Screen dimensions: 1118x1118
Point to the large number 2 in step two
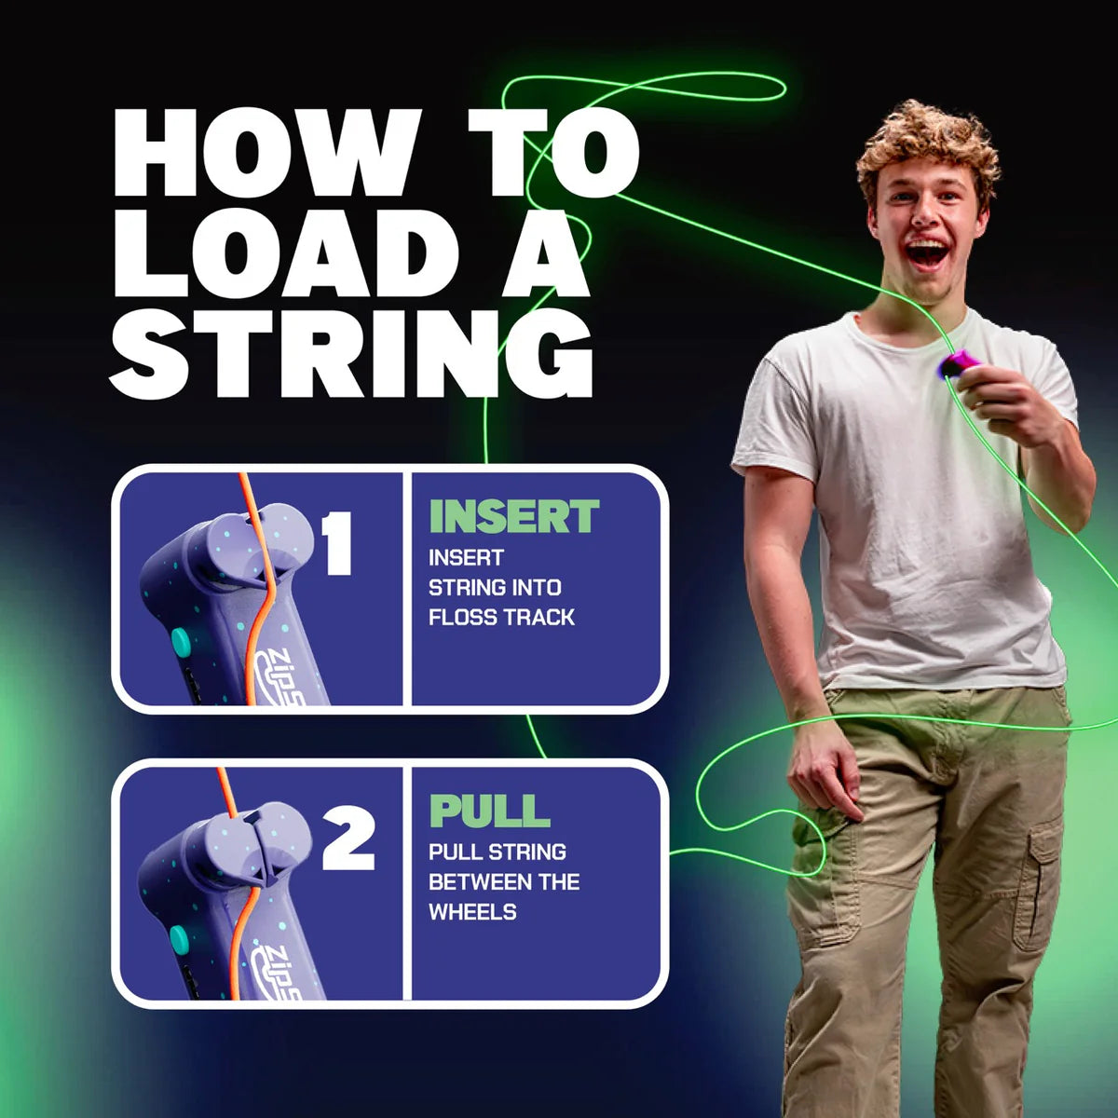point(348,838)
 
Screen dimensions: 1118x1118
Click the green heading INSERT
point(513,517)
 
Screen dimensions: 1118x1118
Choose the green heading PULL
point(489,811)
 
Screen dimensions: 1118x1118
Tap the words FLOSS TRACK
point(501,617)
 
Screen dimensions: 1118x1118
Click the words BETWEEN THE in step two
point(503,881)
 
